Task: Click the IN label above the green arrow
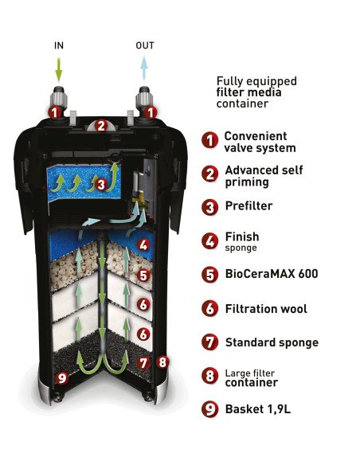tap(59, 45)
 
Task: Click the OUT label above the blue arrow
tap(145, 45)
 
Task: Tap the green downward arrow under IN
tap(59, 69)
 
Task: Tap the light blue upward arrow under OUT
tap(144, 68)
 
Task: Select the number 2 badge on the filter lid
tap(101, 126)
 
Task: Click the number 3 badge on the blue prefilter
tap(101, 185)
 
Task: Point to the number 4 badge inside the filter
tap(143, 245)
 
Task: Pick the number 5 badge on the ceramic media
tap(143, 275)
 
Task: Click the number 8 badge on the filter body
tap(162, 362)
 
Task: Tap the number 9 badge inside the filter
tap(61, 377)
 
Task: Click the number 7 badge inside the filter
tap(143, 363)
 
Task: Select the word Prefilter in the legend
tap(248, 205)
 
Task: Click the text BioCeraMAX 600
tap(272, 273)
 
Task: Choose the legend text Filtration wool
tap(266, 309)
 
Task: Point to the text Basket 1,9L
tap(258, 409)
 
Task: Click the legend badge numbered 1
tap(210, 140)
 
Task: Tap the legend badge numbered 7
tap(210, 342)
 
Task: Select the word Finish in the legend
tap(242, 236)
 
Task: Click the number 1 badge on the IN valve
tap(55, 112)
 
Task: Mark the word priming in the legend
tap(247, 182)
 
